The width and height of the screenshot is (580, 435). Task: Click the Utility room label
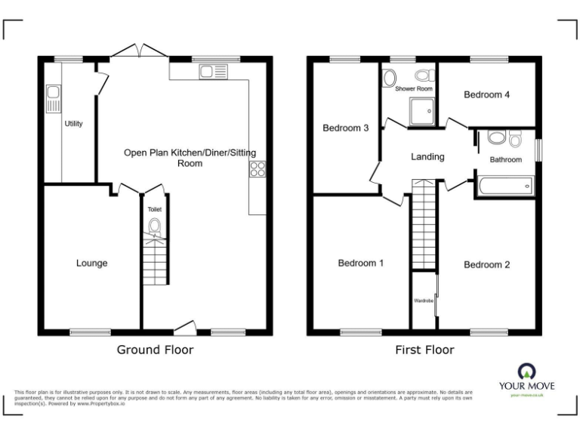point(73,124)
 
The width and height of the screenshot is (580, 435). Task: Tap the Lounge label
point(91,264)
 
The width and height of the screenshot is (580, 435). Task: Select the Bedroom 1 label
point(360,264)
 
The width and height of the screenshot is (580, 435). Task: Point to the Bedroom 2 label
point(486,264)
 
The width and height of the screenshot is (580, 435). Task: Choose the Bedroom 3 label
point(345,128)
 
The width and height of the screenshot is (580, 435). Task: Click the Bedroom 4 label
point(486,95)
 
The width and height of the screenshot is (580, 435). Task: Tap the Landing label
point(427,157)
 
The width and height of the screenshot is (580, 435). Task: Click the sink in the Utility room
point(53,96)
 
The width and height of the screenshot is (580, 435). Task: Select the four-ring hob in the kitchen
point(257,169)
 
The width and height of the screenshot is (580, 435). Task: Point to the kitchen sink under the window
point(208,72)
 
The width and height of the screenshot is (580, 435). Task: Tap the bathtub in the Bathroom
point(504,185)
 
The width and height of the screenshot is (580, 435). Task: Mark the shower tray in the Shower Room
point(421,111)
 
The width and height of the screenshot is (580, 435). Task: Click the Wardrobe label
point(422,301)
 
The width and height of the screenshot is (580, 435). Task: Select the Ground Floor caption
point(155,350)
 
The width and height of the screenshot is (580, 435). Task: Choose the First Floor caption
point(424,350)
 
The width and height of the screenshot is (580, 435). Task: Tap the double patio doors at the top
point(137,51)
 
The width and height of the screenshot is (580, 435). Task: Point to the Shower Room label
point(415,89)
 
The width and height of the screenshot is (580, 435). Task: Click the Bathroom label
point(505,159)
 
